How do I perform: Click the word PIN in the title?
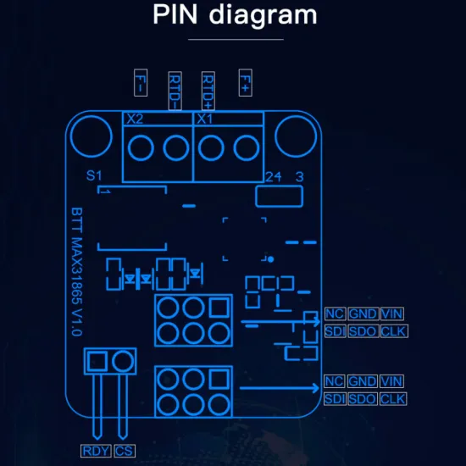click(x=175, y=14)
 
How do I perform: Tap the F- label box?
click(x=141, y=83)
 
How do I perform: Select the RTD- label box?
click(x=175, y=91)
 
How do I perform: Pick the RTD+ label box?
click(x=208, y=91)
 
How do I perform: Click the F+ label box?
click(x=246, y=83)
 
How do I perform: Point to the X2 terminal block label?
click(x=135, y=119)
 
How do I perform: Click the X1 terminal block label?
click(x=205, y=119)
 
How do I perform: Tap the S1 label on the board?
click(x=94, y=175)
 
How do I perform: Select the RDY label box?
click(x=96, y=451)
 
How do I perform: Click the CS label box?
click(x=125, y=451)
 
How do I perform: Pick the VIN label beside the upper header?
click(x=392, y=313)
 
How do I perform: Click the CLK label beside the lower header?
click(x=393, y=399)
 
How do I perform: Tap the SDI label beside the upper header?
click(x=336, y=331)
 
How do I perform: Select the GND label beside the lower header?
click(x=362, y=381)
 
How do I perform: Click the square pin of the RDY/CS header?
click(x=97, y=362)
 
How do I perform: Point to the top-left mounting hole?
click(x=92, y=136)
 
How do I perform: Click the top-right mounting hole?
click(x=296, y=136)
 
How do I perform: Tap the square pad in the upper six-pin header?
click(x=219, y=308)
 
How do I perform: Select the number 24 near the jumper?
click(x=273, y=177)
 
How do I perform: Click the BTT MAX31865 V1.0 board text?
click(x=76, y=272)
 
